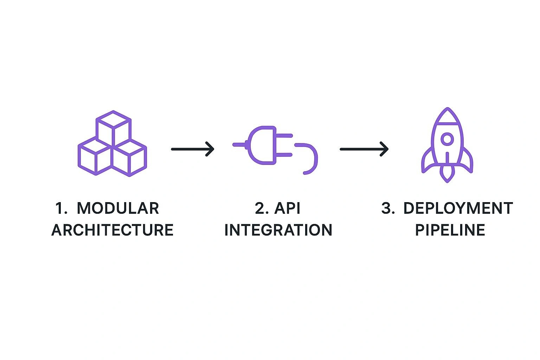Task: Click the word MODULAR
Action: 118,208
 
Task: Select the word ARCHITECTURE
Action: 112,230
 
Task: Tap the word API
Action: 287,208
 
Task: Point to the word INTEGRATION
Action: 278,230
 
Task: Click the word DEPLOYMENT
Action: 458,208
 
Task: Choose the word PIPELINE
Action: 450,230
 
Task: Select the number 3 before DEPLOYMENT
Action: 387,208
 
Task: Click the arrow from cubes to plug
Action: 193,149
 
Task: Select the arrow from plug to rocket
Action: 364,149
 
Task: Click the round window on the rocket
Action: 447,139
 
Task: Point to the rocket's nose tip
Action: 447,109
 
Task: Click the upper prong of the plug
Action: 284,136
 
